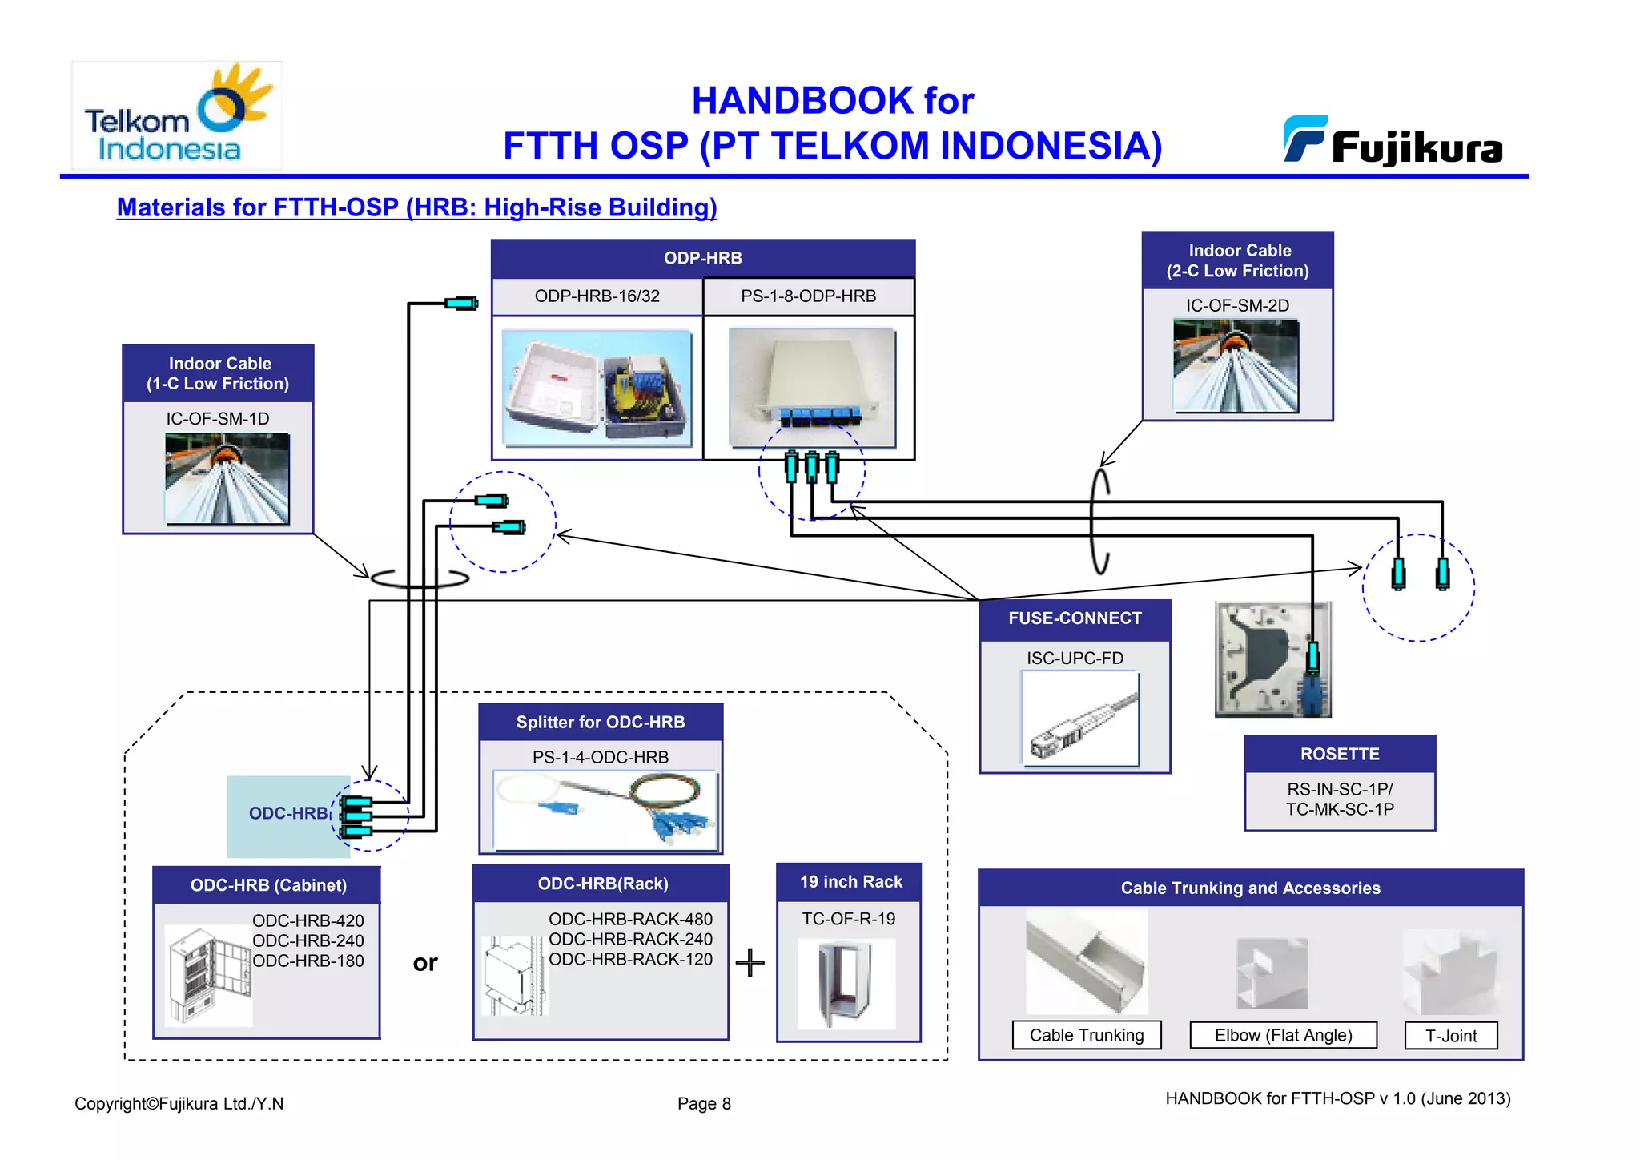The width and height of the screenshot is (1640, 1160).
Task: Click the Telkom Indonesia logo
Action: click(x=177, y=115)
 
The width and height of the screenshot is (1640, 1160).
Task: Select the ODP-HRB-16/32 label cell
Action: click(x=597, y=296)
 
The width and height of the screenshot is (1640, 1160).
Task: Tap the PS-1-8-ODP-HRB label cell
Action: click(x=808, y=296)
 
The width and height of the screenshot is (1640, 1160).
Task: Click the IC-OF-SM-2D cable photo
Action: click(x=1236, y=366)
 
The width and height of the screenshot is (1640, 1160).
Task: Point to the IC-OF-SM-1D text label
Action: click(x=218, y=419)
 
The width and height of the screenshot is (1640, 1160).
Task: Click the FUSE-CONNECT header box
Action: click(x=1075, y=619)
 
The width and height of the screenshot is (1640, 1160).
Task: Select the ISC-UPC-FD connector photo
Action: click(x=1080, y=719)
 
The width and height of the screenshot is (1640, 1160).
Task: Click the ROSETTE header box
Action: click(x=1340, y=755)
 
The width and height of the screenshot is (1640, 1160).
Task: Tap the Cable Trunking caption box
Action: click(x=1086, y=1035)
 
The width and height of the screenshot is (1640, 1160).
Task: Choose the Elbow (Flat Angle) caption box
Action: click(x=1283, y=1035)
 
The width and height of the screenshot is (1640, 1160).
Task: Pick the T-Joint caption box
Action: click(x=1451, y=1036)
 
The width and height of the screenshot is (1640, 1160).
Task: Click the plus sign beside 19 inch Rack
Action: click(x=750, y=962)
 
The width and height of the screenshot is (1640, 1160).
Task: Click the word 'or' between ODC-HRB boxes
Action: click(x=425, y=962)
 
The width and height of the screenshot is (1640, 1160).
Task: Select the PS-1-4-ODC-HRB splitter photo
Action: click(x=605, y=810)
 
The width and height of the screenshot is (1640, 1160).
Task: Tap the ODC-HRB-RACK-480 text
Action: click(x=630, y=920)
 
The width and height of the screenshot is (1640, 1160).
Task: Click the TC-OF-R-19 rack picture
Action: click(x=846, y=984)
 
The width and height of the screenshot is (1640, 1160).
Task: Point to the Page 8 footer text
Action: click(x=704, y=1104)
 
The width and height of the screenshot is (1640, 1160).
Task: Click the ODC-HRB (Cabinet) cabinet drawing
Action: click(x=208, y=976)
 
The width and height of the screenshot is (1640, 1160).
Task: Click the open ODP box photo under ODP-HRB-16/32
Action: click(x=597, y=388)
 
